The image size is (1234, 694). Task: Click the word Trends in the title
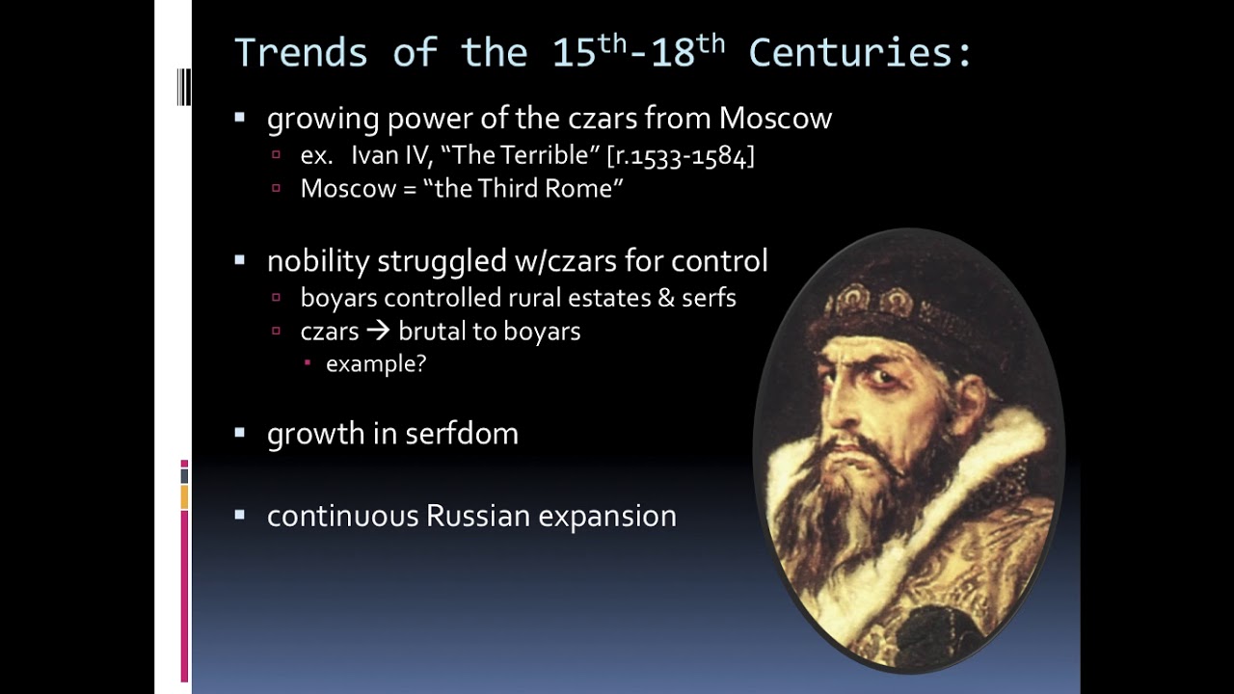click(x=301, y=53)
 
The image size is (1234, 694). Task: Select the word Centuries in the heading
click(x=860, y=53)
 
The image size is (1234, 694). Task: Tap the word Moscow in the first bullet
click(x=775, y=119)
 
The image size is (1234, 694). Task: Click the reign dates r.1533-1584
click(x=681, y=156)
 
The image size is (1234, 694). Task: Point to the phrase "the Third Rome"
click(x=523, y=188)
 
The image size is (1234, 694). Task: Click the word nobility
click(x=317, y=260)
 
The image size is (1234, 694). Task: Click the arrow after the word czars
click(x=378, y=332)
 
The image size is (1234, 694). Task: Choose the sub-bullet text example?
click(x=376, y=363)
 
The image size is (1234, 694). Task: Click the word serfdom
click(x=462, y=434)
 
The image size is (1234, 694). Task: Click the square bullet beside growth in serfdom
click(x=240, y=433)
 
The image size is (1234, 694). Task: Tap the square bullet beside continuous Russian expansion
click(x=240, y=516)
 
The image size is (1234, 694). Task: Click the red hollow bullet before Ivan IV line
click(x=277, y=155)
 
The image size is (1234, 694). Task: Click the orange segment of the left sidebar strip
click(x=184, y=497)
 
